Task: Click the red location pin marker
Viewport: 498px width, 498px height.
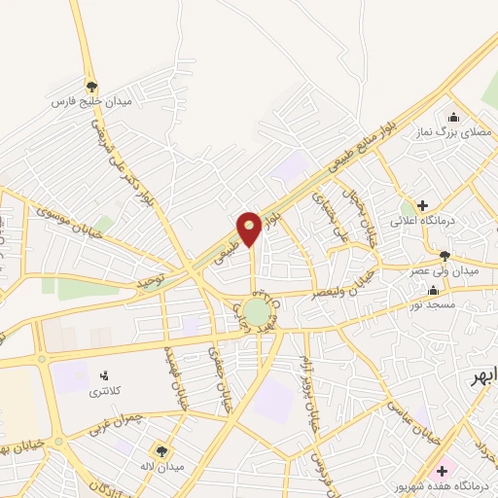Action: pos(249,228)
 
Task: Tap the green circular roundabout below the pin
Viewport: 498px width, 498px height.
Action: pos(256,312)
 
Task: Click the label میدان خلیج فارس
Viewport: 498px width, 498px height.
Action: pos(91,100)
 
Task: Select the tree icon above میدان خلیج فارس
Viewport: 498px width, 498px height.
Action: pos(92,86)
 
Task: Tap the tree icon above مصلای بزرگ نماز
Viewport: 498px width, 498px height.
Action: pos(450,116)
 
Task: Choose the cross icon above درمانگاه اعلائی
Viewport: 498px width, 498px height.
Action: pos(422,205)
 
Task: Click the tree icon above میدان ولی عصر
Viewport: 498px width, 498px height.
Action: pos(445,256)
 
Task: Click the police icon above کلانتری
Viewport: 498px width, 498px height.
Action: pos(105,373)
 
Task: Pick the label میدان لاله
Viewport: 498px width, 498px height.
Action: pos(160,465)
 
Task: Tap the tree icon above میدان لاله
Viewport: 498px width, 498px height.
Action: pos(160,450)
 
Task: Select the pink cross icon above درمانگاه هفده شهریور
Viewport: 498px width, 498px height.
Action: pos(443,471)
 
